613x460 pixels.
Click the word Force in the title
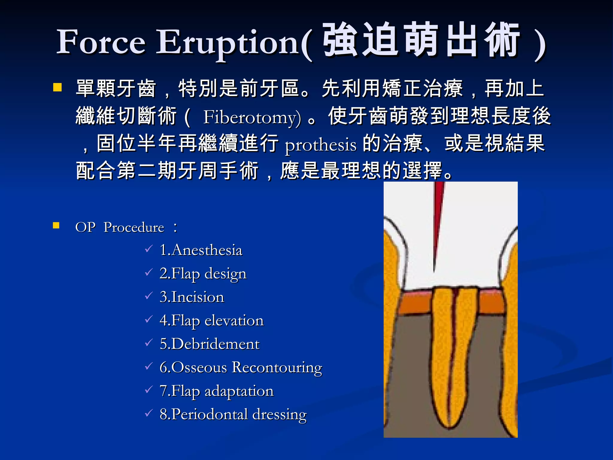101,42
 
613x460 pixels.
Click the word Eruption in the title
227,43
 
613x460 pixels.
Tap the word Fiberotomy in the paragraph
251,117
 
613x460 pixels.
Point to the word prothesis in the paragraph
321,145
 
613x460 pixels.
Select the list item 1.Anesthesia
201,250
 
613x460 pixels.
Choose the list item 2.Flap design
203,274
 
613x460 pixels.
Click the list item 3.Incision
192,297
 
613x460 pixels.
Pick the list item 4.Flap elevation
212,320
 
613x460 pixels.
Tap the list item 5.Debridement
210,344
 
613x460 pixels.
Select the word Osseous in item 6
199,367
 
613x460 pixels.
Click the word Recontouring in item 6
277,367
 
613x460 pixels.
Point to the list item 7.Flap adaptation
216,391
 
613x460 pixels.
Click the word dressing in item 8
279,414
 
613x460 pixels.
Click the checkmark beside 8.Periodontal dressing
149,413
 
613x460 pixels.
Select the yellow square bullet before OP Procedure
56,225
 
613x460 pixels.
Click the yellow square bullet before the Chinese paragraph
57,87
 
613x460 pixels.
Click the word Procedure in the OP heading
134,227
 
